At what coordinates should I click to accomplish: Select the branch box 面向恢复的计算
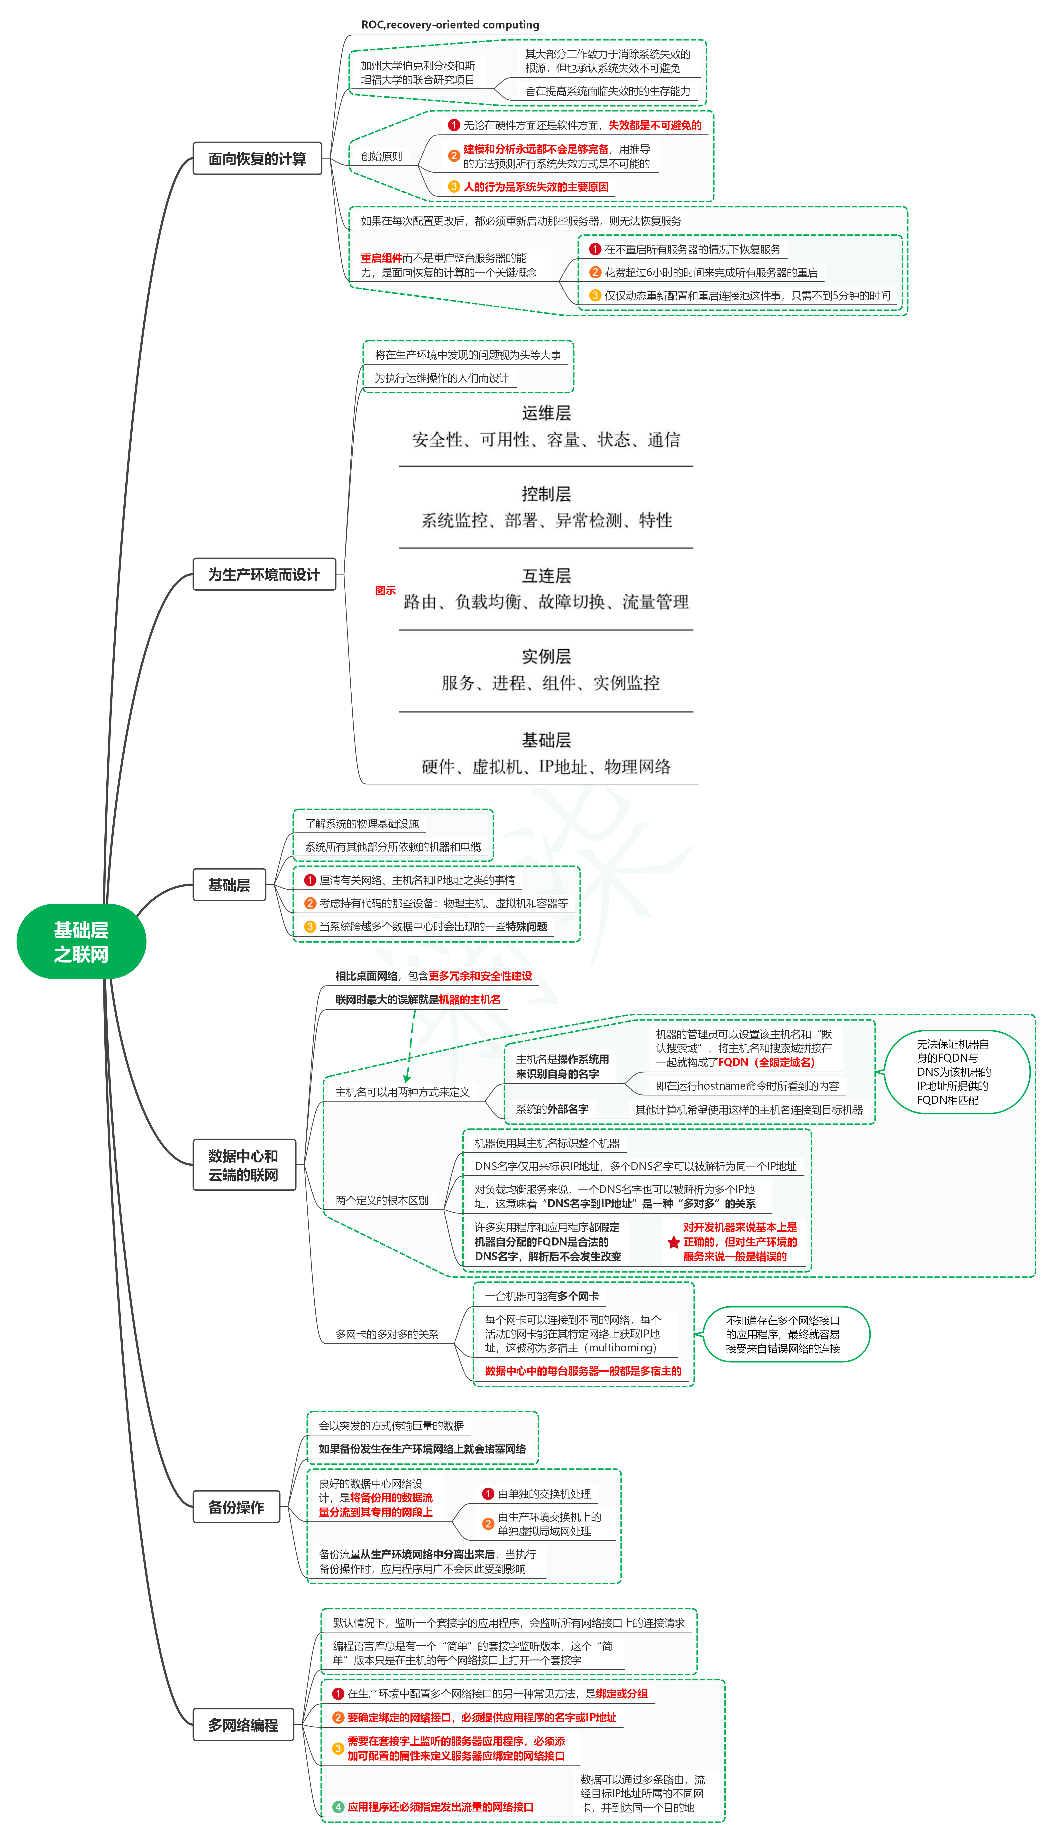click(x=257, y=158)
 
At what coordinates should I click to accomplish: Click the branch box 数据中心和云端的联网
click(x=244, y=1165)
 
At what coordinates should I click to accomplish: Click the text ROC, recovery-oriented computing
click(x=450, y=25)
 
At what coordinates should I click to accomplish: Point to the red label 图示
click(x=385, y=591)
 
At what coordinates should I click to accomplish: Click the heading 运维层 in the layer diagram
click(x=546, y=413)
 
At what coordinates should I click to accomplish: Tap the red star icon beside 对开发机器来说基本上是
click(x=673, y=1242)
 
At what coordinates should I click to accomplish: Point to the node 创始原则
click(x=382, y=156)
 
